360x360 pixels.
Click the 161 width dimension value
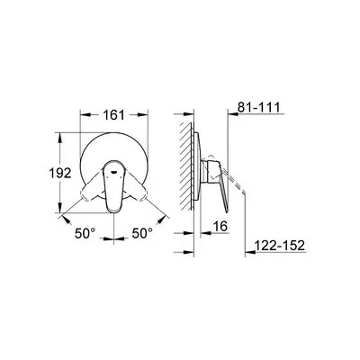point(113,114)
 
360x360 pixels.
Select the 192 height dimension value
point(60,173)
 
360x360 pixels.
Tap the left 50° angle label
point(85,233)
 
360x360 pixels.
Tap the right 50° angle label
point(142,233)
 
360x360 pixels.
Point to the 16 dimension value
point(220,226)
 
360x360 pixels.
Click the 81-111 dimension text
point(258,107)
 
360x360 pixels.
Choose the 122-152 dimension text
point(280,246)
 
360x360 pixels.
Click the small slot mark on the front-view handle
point(114,172)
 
